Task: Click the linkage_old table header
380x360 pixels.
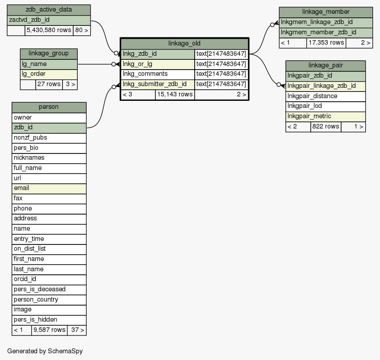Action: (184, 43)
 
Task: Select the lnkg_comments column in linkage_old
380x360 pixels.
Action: (158, 74)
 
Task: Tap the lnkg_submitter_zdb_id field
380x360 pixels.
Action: (158, 84)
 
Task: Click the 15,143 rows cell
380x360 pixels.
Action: (175, 94)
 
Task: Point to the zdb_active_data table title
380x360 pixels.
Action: (49, 10)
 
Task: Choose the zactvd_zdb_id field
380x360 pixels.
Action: (49, 20)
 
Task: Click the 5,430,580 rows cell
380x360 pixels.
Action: (49, 30)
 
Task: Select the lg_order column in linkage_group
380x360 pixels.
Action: (49, 74)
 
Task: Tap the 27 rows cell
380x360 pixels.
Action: (49, 84)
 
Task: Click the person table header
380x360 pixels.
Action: (49, 107)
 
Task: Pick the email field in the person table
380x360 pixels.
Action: (49, 188)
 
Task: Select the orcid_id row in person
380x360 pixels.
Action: (49, 279)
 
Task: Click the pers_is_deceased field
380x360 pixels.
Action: (49, 289)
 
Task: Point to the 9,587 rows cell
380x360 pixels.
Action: (49, 330)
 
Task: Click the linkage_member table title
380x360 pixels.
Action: (326, 12)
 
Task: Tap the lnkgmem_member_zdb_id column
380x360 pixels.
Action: (326, 32)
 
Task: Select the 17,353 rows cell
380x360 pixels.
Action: (326, 43)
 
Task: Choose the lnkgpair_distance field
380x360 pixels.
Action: (326, 96)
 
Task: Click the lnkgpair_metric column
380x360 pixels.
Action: (326, 116)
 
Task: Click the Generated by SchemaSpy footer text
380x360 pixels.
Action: (45, 351)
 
